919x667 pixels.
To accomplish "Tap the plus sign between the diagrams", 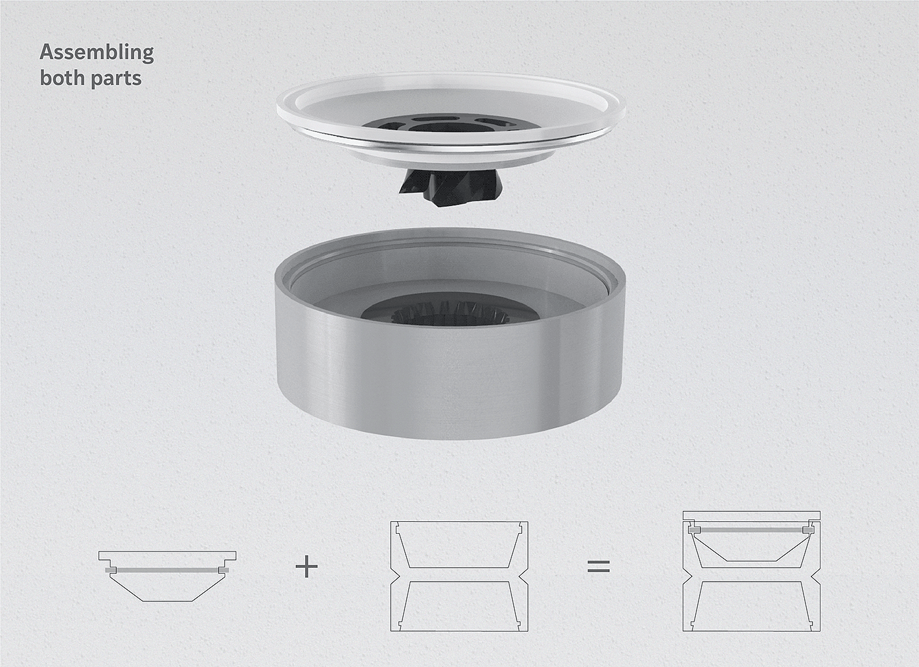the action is tap(307, 567).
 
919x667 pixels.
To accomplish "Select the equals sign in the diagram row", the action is tap(599, 567).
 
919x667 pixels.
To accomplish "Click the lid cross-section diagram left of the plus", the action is tap(167, 576).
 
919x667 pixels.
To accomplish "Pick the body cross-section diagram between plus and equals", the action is tap(459, 576).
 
